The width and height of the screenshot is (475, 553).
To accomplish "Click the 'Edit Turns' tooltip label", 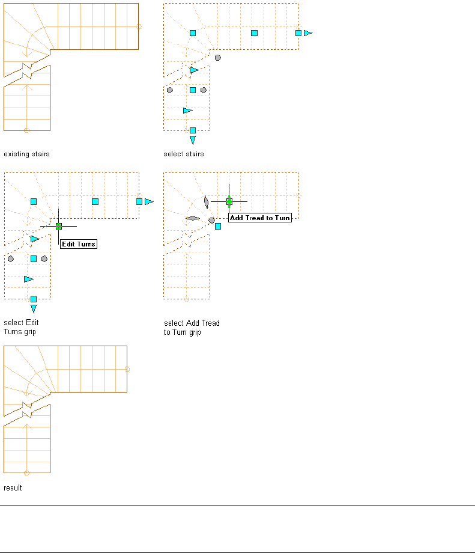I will (x=79, y=244).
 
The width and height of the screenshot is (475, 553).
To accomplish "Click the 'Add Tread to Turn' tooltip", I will (x=260, y=218).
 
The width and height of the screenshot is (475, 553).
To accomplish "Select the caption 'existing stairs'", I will (x=26, y=154).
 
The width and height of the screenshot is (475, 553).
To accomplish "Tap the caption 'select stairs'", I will (x=184, y=154).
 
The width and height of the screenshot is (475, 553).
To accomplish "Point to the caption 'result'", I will (x=13, y=488).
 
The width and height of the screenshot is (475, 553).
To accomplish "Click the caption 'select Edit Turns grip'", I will (x=22, y=327).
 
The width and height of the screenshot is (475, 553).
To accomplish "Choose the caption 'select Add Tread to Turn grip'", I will (x=192, y=327).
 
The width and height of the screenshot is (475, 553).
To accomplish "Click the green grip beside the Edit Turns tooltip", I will (x=59, y=226).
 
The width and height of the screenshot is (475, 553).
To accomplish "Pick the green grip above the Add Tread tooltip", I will (x=229, y=201).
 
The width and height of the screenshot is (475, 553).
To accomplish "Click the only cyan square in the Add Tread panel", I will (x=218, y=226).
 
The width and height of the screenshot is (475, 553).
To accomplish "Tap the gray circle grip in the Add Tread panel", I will (x=211, y=221).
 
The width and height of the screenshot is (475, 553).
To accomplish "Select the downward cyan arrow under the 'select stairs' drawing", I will (x=193, y=140).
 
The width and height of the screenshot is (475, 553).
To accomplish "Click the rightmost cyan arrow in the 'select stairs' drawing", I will (x=308, y=33).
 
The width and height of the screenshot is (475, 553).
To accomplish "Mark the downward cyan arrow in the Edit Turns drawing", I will (x=34, y=309).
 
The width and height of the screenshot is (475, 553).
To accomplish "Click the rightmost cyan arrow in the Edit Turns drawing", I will (x=149, y=202).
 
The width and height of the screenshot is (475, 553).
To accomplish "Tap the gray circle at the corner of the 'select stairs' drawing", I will (x=218, y=58).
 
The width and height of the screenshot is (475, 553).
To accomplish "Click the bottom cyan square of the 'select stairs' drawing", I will (x=193, y=130).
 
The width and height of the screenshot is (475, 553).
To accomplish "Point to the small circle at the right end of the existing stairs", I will (x=139, y=26).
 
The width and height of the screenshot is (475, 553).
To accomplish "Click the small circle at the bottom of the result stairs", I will (x=26, y=472).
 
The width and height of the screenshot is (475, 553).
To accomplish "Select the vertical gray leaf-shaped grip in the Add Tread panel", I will (x=206, y=201).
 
